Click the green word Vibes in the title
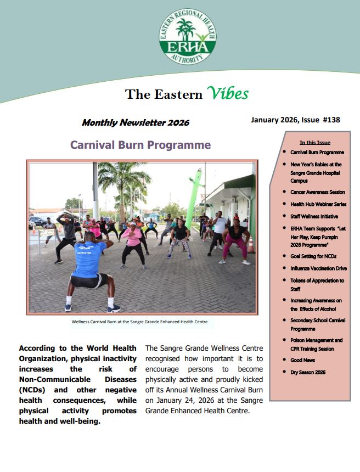pos(227,93)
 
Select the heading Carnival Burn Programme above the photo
pos(140,145)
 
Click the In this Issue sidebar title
pos(315,142)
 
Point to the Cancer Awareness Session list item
pos(318,192)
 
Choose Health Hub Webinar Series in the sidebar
pos(318,204)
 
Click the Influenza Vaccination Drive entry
pos(318,268)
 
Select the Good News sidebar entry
pos(302,360)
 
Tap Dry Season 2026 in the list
pos(308,372)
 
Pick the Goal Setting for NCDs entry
pos(313,256)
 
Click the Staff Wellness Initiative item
pos(314,216)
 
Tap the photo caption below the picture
pos(139,322)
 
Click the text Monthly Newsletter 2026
pos(136,123)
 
